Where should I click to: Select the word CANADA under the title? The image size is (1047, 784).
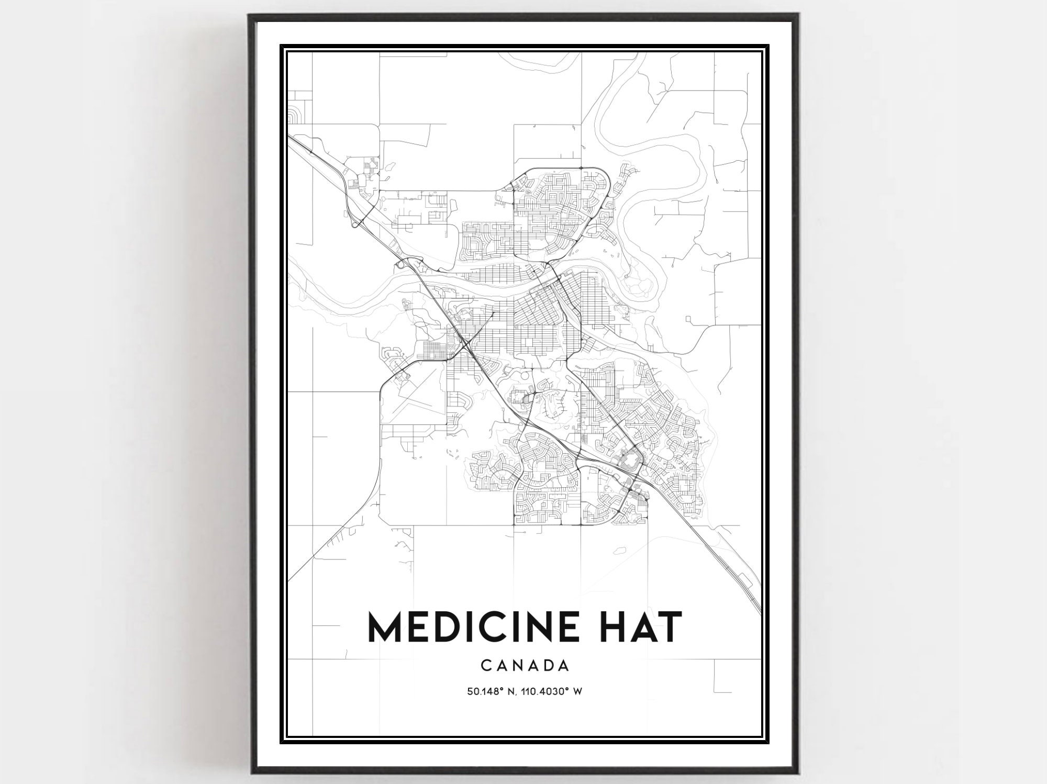click(x=525, y=666)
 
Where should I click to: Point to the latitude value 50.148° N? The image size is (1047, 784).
click(x=491, y=691)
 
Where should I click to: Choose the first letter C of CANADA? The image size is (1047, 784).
click(x=485, y=666)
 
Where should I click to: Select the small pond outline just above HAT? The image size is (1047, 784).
click(x=620, y=551)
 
